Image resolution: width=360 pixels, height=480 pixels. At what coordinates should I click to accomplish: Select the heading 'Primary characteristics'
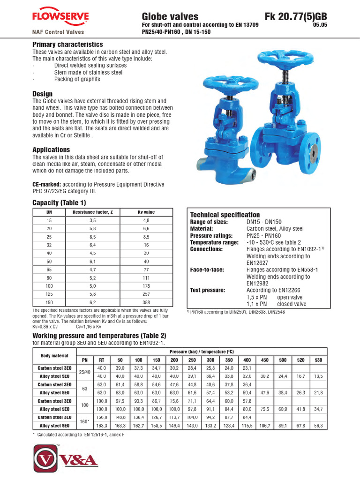tap(67, 45)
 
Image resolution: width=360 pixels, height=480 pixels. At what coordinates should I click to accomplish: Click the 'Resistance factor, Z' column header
tap(92, 212)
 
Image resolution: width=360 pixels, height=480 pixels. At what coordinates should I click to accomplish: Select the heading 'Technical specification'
tap(225, 215)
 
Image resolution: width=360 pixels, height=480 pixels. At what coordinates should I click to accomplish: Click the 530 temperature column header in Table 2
tap(319, 360)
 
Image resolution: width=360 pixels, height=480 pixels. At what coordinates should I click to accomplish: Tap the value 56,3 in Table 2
tap(319, 426)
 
